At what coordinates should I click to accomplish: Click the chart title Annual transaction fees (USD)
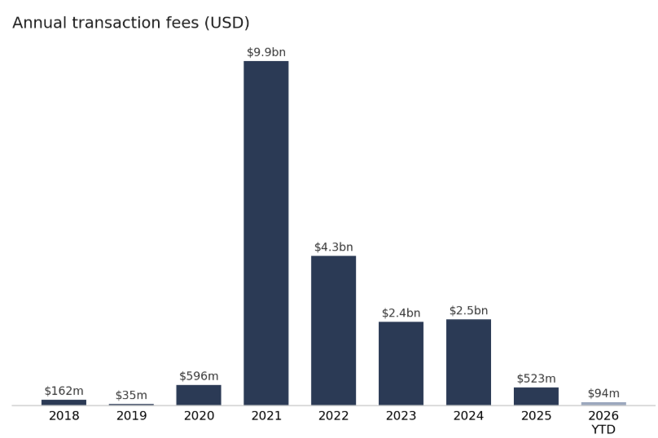pyautogui.click(x=131, y=23)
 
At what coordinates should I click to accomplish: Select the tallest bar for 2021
pyautogui.click(x=266, y=233)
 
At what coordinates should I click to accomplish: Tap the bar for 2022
pyautogui.click(x=334, y=331)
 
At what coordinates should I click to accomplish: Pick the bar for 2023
pyautogui.click(x=401, y=363)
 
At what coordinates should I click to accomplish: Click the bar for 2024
pyautogui.click(x=468, y=362)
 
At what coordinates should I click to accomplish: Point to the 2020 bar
pyautogui.click(x=199, y=395)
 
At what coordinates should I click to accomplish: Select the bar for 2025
pyautogui.click(x=536, y=396)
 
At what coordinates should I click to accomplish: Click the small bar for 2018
pyautogui.click(x=64, y=402)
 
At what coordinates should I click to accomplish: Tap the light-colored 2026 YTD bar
pyautogui.click(x=603, y=404)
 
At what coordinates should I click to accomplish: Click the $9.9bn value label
pyautogui.click(x=266, y=52)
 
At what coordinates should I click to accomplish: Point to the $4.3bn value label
pyautogui.click(x=334, y=247)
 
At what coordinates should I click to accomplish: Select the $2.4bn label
pyautogui.click(x=401, y=313)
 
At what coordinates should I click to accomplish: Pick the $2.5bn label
pyautogui.click(x=468, y=310)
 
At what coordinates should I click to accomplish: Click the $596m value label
pyautogui.click(x=199, y=376)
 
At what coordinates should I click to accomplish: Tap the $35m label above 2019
pyautogui.click(x=131, y=395)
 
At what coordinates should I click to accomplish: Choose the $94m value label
pyautogui.click(x=603, y=393)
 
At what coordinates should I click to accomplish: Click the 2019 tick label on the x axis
pyautogui.click(x=131, y=416)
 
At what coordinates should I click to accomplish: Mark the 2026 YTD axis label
pyautogui.click(x=603, y=423)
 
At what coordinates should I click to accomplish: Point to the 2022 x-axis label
pyautogui.click(x=334, y=416)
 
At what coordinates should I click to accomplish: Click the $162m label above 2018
pyautogui.click(x=64, y=391)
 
